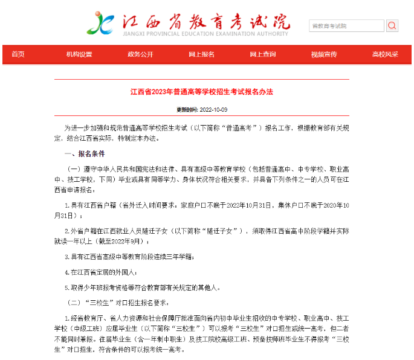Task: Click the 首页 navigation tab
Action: (x=18, y=54)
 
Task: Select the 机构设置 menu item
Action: (x=79, y=54)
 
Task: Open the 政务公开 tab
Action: (x=140, y=54)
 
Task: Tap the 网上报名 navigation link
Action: (x=201, y=54)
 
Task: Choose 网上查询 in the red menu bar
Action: (x=263, y=54)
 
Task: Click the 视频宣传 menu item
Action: (x=324, y=54)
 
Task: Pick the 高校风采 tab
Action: (x=385, y=54)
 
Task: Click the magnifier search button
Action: (x=392, y=26)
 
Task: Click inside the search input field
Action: (x=346, y=26)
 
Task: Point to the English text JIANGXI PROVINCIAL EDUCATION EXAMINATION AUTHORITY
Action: (x=205, y=34)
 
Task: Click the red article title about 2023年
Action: (x=202, y=92)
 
